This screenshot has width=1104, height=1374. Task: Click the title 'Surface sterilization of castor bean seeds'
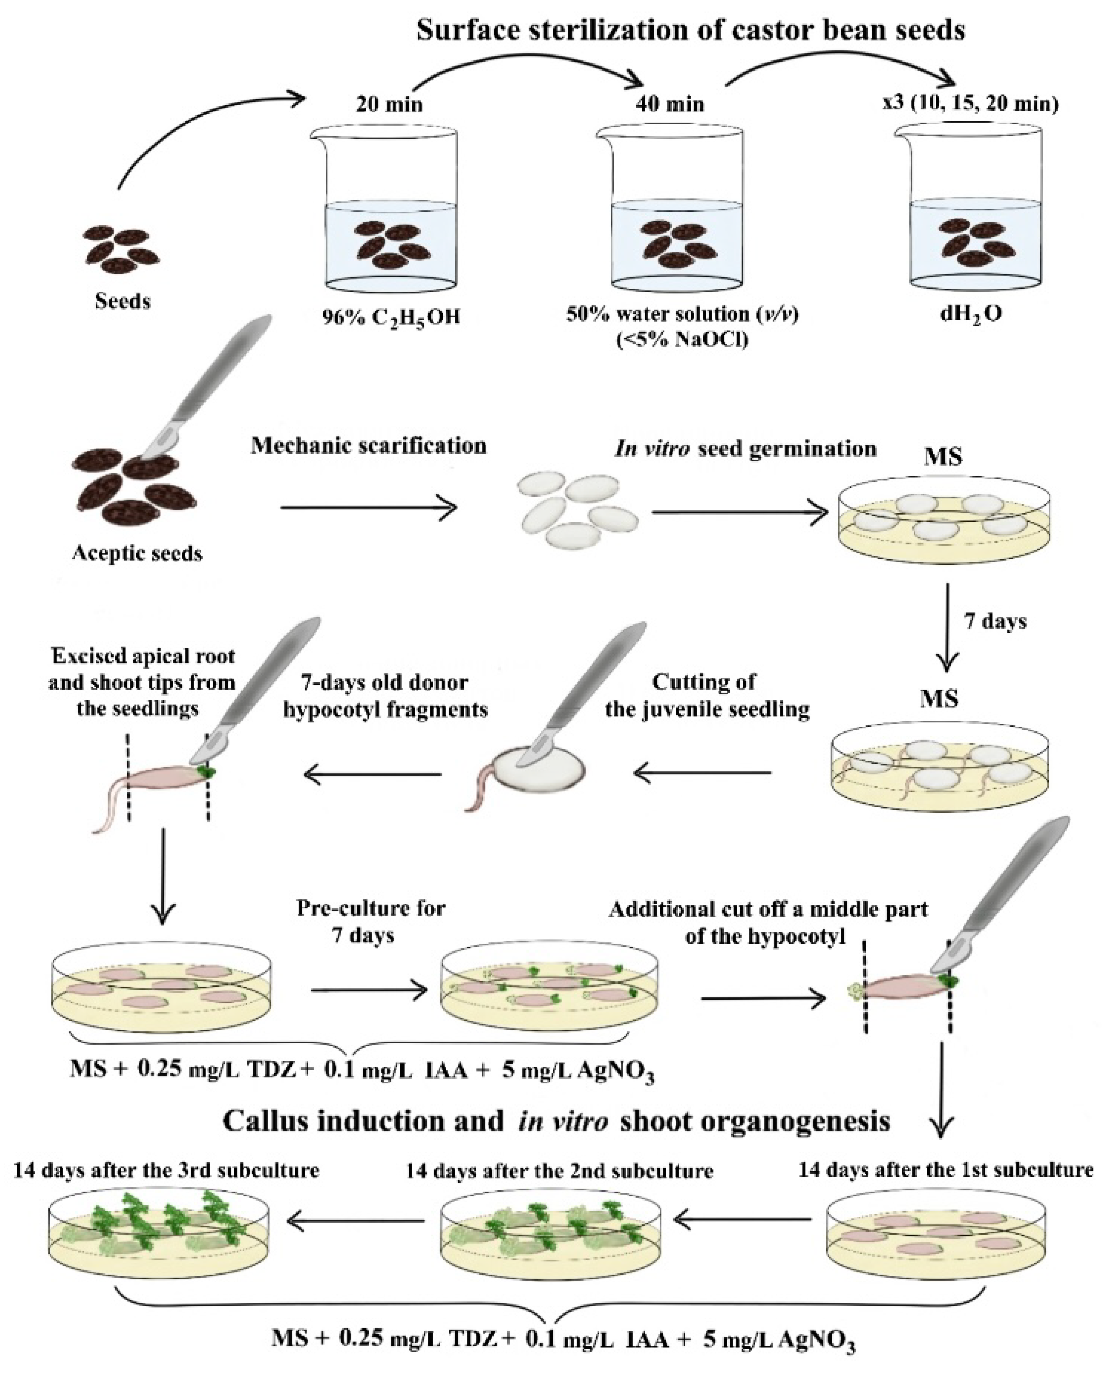coord(690,30)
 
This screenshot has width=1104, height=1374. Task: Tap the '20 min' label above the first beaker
coord(389,104)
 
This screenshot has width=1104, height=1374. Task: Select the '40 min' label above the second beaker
coord(669,104)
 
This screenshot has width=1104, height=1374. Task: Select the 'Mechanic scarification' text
coord(368,445)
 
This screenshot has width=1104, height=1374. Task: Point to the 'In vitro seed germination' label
coord(745,449)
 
